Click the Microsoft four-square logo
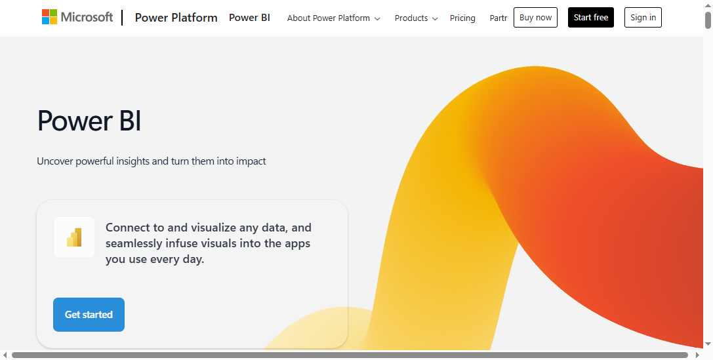[49, 17]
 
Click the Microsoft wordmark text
[87, 17]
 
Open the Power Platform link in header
[176, 18]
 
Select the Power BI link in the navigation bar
[249, 18]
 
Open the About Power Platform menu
[329, 18]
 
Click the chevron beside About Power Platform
[377, 19]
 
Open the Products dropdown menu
[411, 18]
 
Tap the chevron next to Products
[435, 19]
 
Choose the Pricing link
[462, 18]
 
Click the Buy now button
[535, 18]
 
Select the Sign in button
[643, 18]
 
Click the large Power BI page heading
[89, 121]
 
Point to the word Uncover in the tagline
[55, 161]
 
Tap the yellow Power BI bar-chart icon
[74, 237]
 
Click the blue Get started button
[89, 315]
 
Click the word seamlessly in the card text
[134, 243]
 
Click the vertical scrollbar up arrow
[708, 5]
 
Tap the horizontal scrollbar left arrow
[5, 355]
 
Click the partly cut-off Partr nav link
[499, 18]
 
